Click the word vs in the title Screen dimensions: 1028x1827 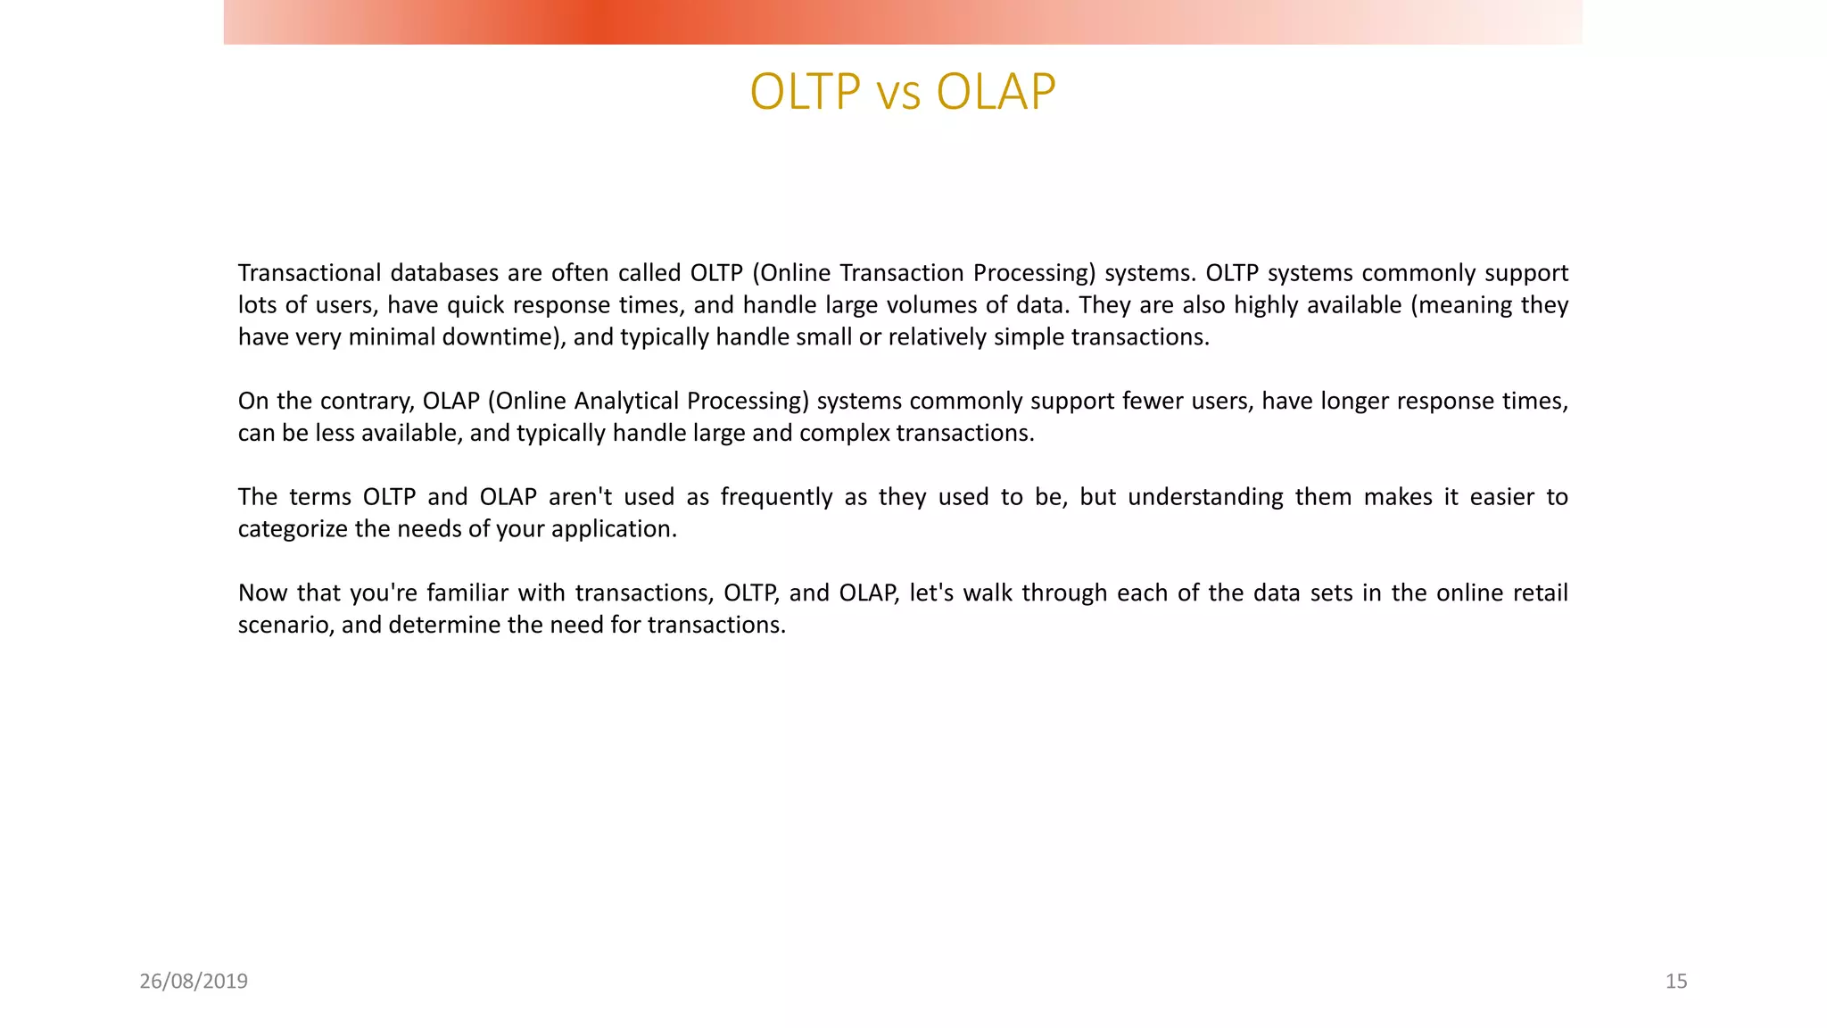(x=898, y=93)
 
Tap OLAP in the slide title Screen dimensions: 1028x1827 (x=996, y=92)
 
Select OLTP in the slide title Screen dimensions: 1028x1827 (x=806, y=92)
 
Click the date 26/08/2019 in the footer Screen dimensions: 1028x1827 (x=194, y=982)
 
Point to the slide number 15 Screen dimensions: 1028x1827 (x=1675, y=982)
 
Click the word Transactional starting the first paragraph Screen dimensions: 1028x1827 (x=310, y=273)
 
